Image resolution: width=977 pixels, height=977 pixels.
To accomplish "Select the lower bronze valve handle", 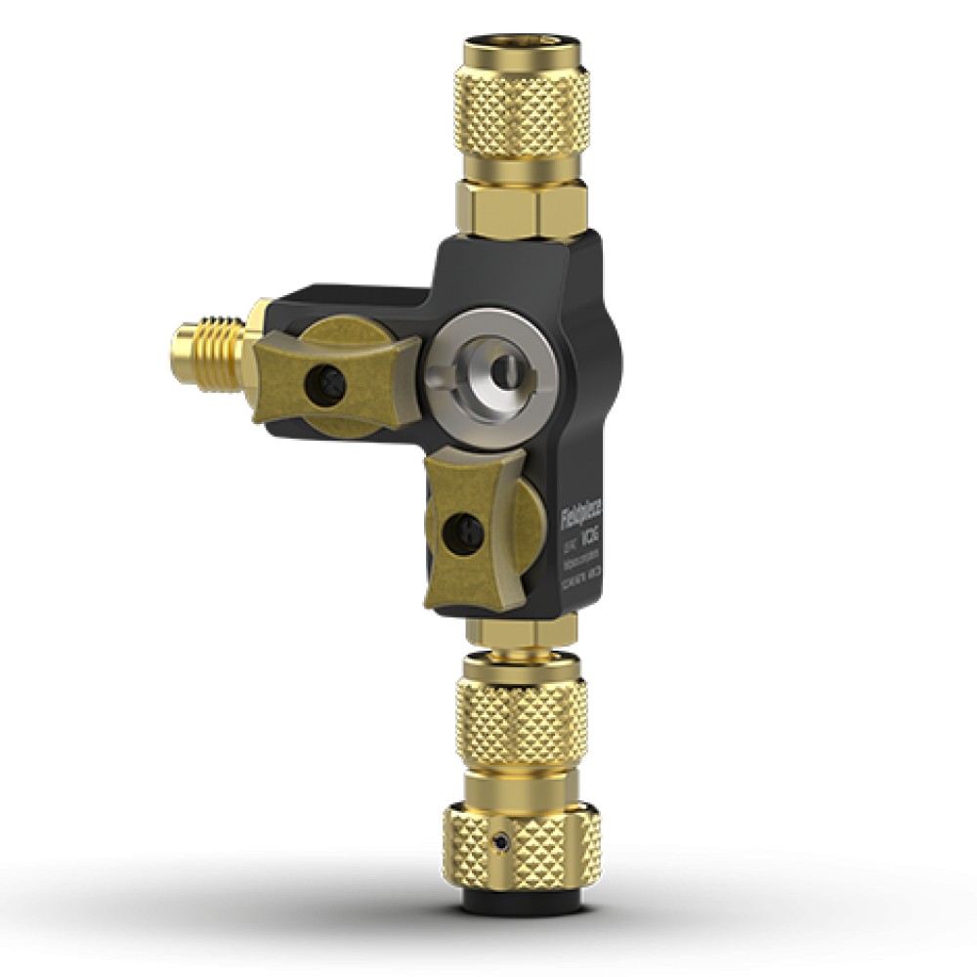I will click(469, 532).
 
